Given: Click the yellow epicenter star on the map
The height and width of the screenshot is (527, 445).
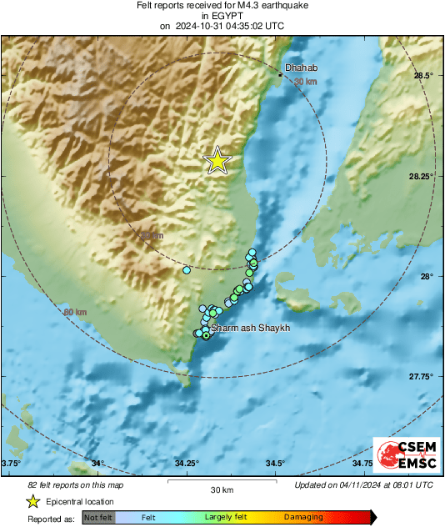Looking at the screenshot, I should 217,160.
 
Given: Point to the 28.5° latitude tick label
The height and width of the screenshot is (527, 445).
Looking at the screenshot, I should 423,76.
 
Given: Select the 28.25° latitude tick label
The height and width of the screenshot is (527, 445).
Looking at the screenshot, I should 421,176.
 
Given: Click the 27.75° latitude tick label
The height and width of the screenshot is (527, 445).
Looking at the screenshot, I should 421,377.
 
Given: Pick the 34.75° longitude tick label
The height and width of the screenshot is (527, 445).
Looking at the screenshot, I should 362,464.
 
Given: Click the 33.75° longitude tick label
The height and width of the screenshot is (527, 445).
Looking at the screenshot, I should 11,464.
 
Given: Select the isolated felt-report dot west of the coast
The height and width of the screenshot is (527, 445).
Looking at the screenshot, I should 187,270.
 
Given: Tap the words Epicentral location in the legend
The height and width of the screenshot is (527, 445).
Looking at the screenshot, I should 80,502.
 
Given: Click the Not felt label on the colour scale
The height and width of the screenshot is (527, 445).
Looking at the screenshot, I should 98,517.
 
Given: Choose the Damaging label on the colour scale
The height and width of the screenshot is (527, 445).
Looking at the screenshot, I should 303,517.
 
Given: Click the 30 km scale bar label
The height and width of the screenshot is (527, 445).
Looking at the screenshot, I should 222,489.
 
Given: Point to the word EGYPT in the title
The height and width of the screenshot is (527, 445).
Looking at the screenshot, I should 222,15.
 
